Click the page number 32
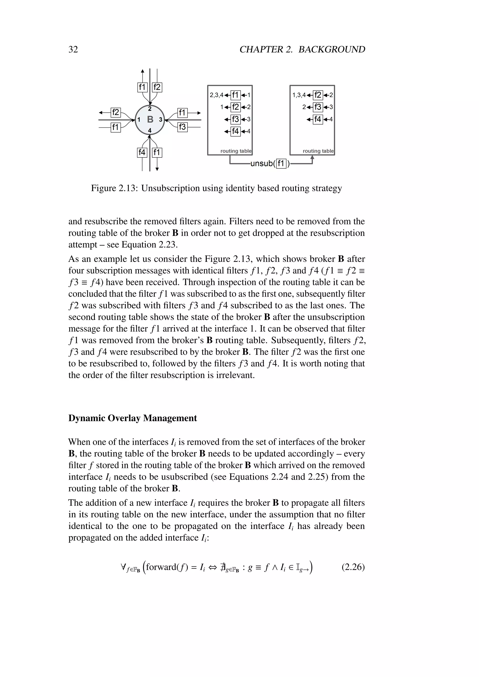(73, 49)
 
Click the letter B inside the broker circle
(150, 119)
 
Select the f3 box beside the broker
(182, 127)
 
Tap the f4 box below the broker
(142, 152)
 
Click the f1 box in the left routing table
(235, 95)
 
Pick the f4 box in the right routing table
(318, 119)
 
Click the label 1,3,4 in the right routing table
(299, 95)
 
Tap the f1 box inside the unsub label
(281, 163)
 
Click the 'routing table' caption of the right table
(318, 151)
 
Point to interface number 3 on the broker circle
(160, 120)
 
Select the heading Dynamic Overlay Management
(132, 418)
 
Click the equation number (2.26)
(353, 567)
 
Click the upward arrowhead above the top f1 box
(142, 71)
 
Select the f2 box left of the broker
(115, 112)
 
